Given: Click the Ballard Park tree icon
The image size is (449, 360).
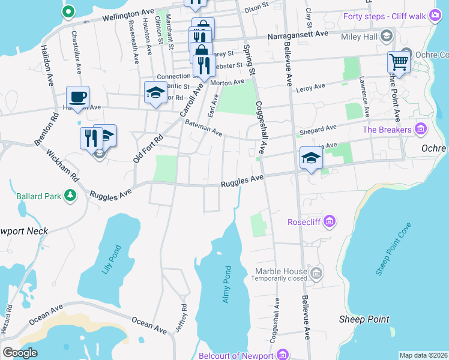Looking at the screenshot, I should click(70, 195).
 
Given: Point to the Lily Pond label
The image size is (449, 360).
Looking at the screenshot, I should click(111, 259).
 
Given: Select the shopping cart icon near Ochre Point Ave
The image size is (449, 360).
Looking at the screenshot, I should click(399, 61).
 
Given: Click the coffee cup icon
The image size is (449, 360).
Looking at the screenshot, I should click(77, 97).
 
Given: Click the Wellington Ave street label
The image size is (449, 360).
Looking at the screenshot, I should click(127, 14).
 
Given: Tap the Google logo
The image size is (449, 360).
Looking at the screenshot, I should click(20, 352).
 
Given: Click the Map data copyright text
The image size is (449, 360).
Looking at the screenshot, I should click(423, 355).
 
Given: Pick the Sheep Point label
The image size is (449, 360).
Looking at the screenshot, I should click(364, 319).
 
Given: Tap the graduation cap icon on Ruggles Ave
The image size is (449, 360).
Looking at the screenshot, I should click(311, 157).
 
